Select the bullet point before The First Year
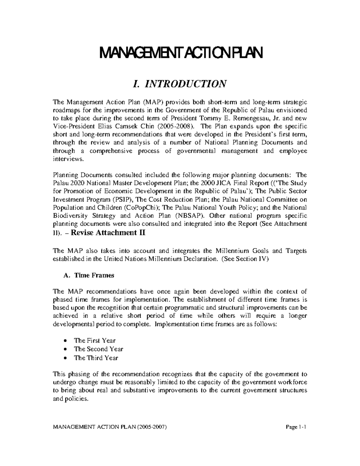(65, 341)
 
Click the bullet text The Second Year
(98, 349)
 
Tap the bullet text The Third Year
(96, 358)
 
